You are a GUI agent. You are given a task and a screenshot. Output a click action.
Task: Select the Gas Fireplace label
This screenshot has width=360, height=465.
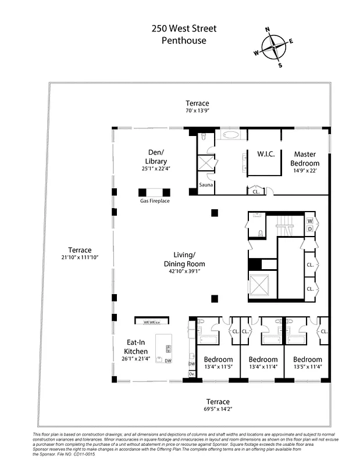(x=155, y=201)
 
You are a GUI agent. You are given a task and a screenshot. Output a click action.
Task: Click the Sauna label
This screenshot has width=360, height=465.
(x=206, y=185)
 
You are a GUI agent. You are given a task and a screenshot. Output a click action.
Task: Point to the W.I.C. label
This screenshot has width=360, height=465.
(x=266, y=154)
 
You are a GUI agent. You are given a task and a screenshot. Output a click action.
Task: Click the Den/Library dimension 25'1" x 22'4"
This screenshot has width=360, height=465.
(x=155, y=169)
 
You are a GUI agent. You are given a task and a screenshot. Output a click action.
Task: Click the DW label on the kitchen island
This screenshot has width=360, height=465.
(x=168, y=361)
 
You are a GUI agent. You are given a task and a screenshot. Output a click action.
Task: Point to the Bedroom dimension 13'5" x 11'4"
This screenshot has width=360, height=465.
(x=307, y=367)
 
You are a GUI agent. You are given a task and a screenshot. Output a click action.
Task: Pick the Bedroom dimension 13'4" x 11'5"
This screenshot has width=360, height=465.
(x=218, y=367)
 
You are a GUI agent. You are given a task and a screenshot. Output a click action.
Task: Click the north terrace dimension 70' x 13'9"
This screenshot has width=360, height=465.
(x=197, y=111)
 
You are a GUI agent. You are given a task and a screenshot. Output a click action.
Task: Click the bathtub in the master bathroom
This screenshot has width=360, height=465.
(x=230, y=135)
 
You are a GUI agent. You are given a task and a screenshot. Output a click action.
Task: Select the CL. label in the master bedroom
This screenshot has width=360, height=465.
(x=256, y=191)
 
